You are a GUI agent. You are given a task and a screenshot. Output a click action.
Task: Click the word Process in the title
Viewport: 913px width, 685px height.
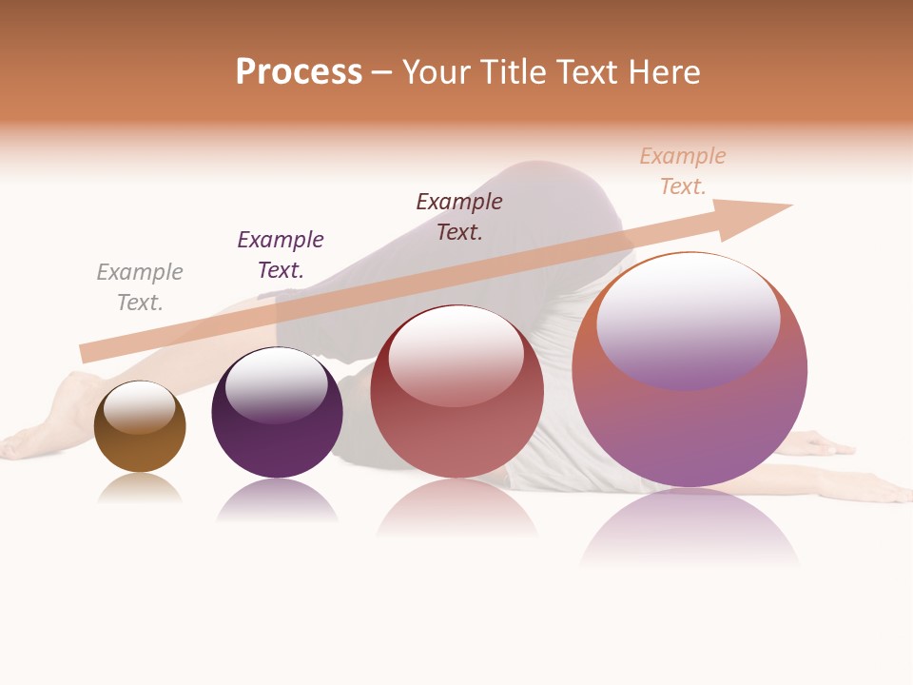299,72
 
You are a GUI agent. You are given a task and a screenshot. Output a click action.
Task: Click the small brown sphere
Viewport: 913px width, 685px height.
140,448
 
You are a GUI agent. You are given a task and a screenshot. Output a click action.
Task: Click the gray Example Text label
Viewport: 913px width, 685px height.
140,287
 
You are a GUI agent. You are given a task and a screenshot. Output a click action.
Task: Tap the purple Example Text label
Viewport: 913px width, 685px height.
281,255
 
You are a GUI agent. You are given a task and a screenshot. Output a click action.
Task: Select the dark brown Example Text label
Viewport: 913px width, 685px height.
459,216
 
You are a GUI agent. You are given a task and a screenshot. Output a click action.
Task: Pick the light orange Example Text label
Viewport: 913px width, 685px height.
683,170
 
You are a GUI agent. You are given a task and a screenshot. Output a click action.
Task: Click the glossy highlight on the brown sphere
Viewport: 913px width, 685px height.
140,407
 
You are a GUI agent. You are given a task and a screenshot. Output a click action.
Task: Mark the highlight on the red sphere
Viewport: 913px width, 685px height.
456,355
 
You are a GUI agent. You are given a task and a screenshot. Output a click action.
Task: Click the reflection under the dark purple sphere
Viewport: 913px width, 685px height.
277,499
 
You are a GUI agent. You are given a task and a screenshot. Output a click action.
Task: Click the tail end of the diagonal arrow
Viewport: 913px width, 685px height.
88,351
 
